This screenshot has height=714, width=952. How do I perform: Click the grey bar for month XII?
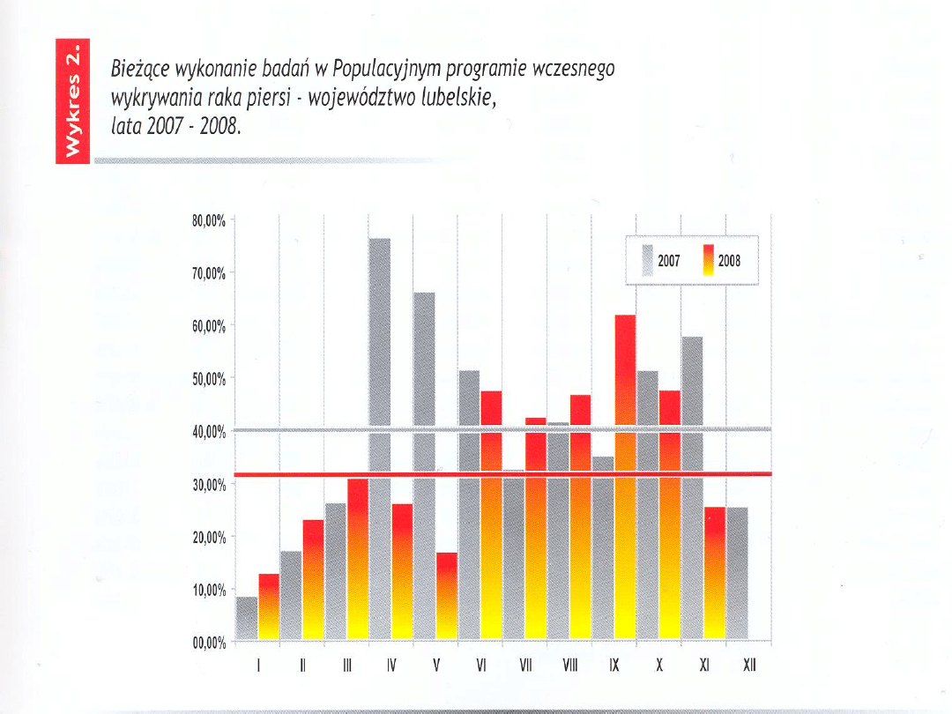click(737, 573)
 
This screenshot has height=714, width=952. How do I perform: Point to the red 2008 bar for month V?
click(447, 596)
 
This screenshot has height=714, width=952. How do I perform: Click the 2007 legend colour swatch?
click(648, 261)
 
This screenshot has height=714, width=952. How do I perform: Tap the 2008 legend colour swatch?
click(708, 261)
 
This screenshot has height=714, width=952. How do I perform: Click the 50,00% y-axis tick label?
click(209, 379)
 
